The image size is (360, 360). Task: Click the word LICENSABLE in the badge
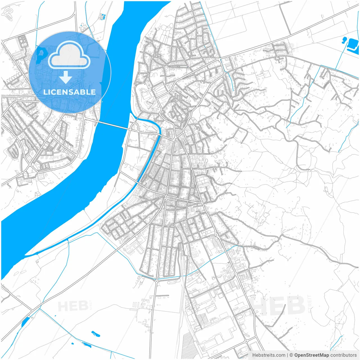click(x=69, y=92)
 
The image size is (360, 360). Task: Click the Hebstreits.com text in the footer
click(x=269, y=355)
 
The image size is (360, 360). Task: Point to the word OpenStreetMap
click(x=312, y=355)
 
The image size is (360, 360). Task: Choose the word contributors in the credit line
click(x=343, y=355)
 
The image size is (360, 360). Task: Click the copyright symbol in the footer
click(x=291, y=355)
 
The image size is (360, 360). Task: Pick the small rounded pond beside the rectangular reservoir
click(x=344, y=40)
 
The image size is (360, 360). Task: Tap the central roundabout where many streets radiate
click(x=166, y=197)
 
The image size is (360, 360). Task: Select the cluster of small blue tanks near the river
click(x=102, y=16)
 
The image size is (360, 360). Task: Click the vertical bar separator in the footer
click(x=287, y=355)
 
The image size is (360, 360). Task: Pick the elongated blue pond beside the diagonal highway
click(x=25, y=321)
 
